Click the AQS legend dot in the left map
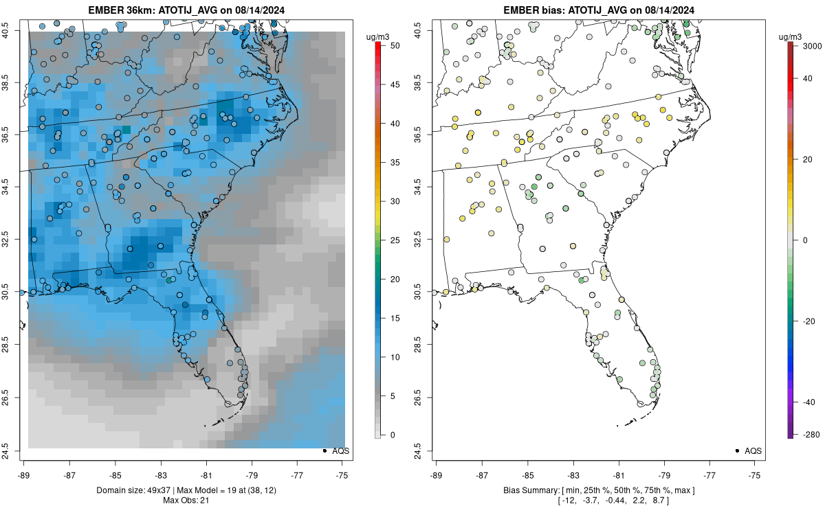(324, 450)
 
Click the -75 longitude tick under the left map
(343, 474)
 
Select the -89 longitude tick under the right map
(437, 474)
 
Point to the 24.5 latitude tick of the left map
(14, 450)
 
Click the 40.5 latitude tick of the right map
(417, 30)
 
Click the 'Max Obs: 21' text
(186, 501)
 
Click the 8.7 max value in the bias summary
(687, 501)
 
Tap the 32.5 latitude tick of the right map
(417, 240)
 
